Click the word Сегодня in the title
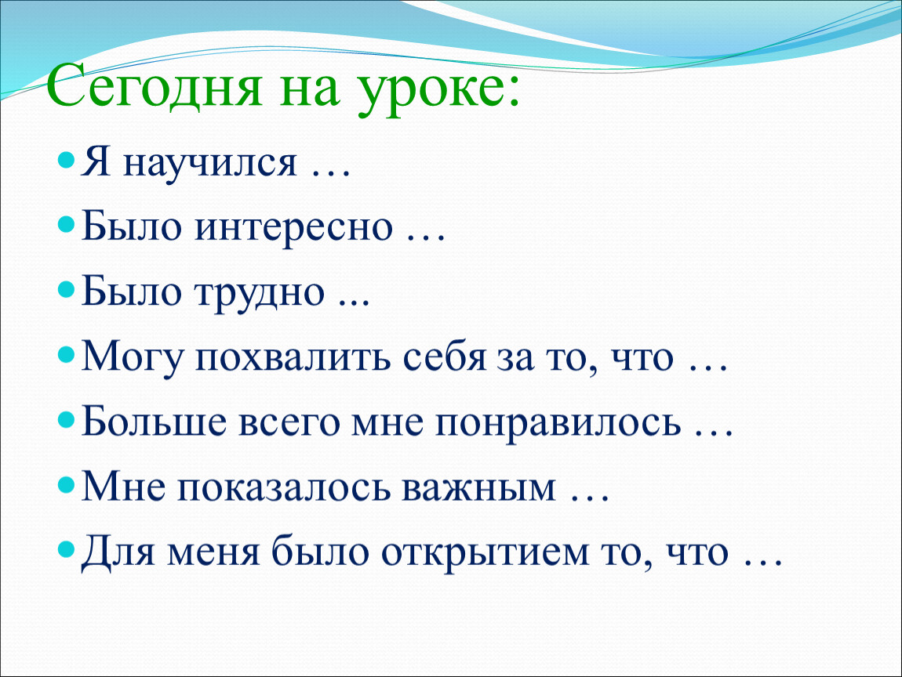pos(155,86)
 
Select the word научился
pos(210,163)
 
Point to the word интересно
pos(294,227)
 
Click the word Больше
pos(154,422)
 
